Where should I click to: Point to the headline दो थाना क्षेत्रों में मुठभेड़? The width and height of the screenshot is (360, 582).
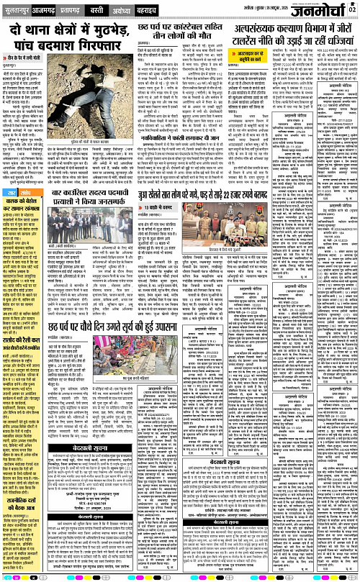point(68,29)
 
